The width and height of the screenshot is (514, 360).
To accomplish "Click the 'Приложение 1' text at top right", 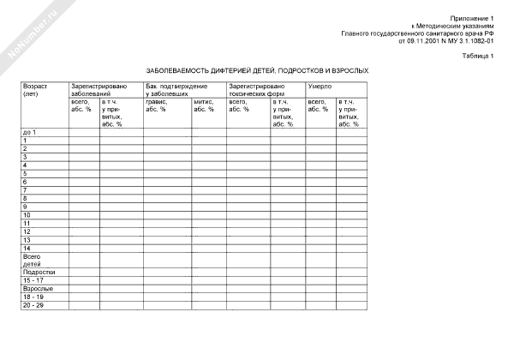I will coord(475,18).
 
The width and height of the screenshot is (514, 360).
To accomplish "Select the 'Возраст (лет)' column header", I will coord(35,90).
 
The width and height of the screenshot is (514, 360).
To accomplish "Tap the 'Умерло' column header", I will coord(320,87).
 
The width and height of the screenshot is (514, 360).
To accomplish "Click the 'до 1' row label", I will coord(30,132).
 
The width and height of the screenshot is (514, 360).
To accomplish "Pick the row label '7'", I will coord(26,189).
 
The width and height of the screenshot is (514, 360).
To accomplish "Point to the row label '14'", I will coord(27,248).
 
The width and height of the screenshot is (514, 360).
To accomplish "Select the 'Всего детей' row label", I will coord(32,261).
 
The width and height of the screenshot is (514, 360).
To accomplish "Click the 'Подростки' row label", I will coord(38,273).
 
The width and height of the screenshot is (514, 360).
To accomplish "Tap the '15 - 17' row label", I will coord(33,280).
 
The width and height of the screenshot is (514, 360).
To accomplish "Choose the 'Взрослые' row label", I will coord(36,289).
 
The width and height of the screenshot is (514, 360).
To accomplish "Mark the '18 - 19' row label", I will coord(33,297).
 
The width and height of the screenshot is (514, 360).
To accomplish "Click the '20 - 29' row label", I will coord(33,305).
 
